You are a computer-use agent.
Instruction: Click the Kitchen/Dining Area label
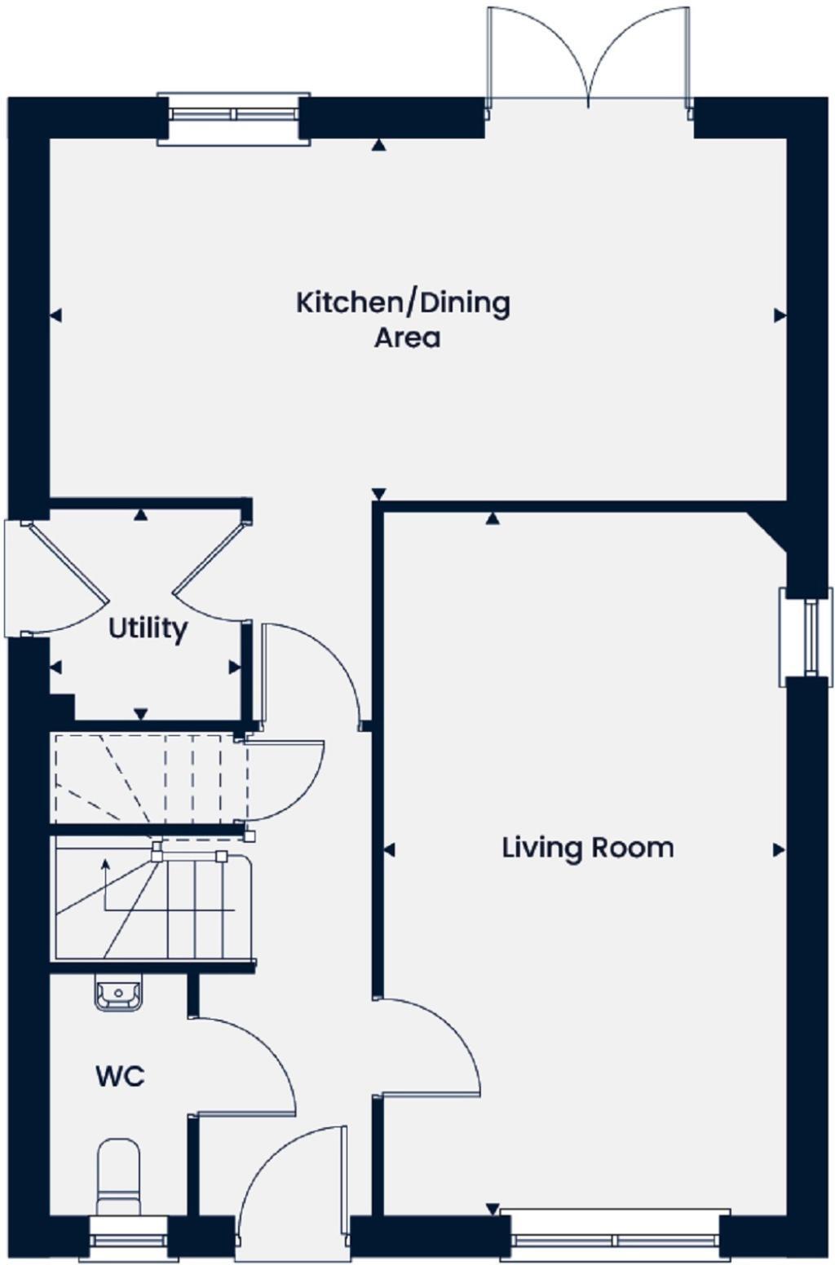(x=403, y=319)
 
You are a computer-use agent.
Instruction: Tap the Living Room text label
(x=587, y=848)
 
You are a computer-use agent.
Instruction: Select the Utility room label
(x=148, y=628)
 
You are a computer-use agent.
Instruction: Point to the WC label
(x=120, y=1076)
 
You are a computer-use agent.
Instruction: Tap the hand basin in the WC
(x=118, y=994)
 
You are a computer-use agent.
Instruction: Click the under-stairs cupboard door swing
(x=285, y=778)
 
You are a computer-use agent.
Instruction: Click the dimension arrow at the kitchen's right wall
(x=780, y=315)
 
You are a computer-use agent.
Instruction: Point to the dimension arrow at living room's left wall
(x=389, y=850)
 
